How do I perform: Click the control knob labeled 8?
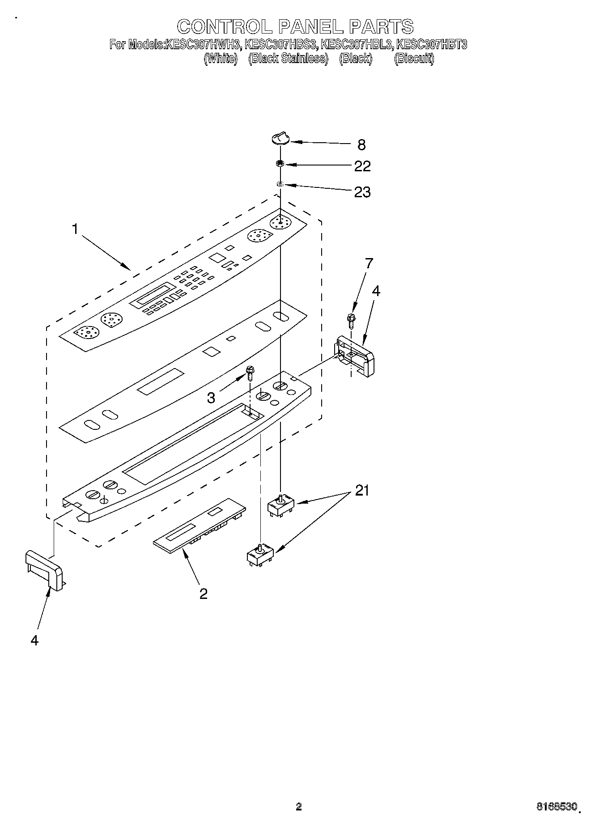(x=280, y=140)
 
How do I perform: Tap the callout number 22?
(x=362, y=166)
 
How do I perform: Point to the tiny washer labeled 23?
(x=280, y=184)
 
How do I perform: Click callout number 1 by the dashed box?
(x=75, y=229)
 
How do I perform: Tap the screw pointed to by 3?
(x=250, y=372)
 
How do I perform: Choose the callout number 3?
(x=211, y=398)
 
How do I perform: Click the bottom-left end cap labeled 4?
(x=44, y=570)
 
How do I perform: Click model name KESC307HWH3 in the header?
(x=204, y=45)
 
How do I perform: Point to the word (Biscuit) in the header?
(x=414, y=58)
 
